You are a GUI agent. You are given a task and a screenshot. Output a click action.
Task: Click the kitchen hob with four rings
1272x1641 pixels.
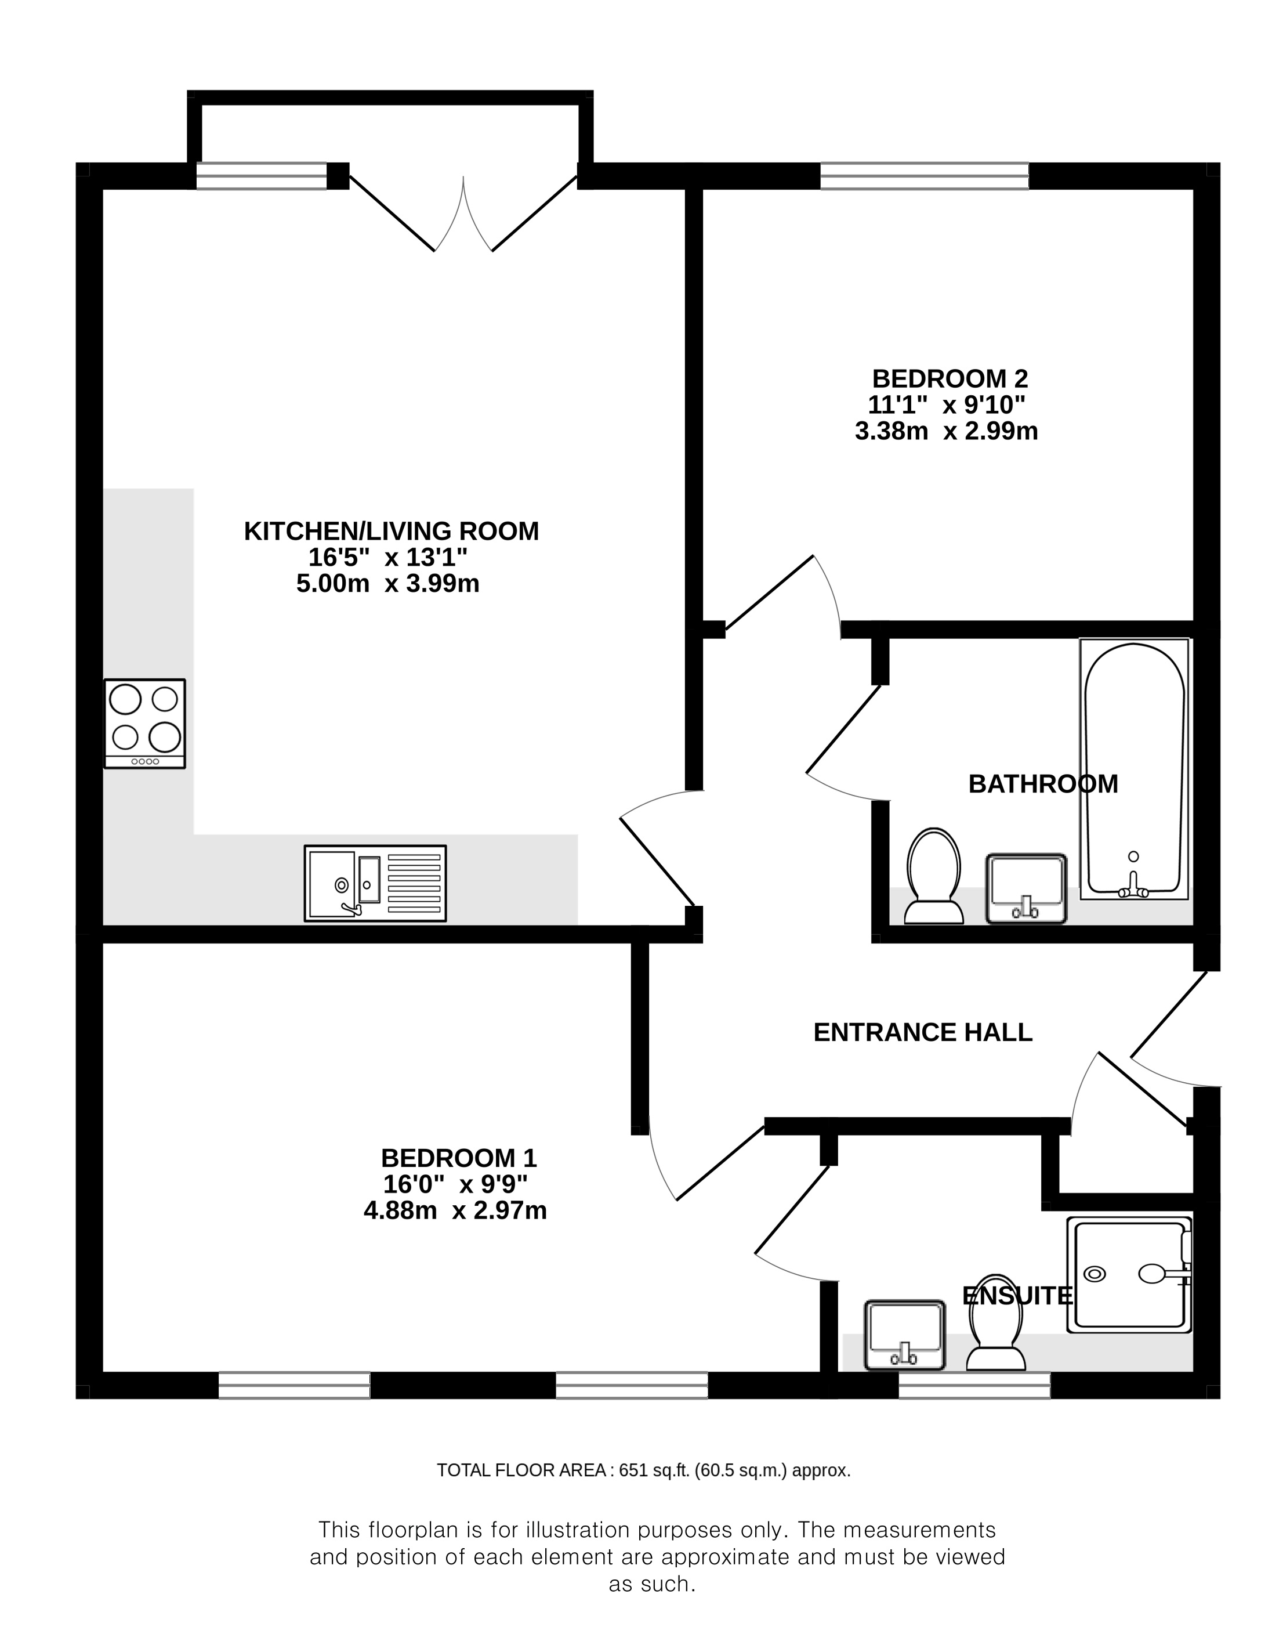click(x=145, y=724)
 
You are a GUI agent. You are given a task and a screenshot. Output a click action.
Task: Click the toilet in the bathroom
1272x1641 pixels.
click(x=934, y=876)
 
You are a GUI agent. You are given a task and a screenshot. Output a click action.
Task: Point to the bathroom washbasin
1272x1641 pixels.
click(x=1025, y=888)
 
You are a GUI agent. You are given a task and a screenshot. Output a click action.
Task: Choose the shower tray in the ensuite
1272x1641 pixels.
click(x=1129, y=1274)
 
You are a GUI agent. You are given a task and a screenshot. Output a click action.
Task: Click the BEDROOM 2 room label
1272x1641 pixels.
click(x=949, y=378)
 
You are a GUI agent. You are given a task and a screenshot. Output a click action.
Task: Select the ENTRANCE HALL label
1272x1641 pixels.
click(x=923, y=1032)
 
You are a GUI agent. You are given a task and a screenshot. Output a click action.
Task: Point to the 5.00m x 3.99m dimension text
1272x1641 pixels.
click(x=387, y=583)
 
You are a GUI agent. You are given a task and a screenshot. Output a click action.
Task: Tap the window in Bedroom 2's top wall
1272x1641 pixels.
click(x=925, y=176)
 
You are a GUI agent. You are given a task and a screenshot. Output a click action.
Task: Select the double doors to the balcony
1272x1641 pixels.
click(x=463, y=214)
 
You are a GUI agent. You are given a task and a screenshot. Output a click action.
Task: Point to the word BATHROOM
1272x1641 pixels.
click(x=1043, y=784)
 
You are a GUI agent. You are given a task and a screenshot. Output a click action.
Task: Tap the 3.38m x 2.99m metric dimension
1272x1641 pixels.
click(x=946, y=431)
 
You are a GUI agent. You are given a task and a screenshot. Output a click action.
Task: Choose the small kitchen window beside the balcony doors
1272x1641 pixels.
click(x=262, y=176)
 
